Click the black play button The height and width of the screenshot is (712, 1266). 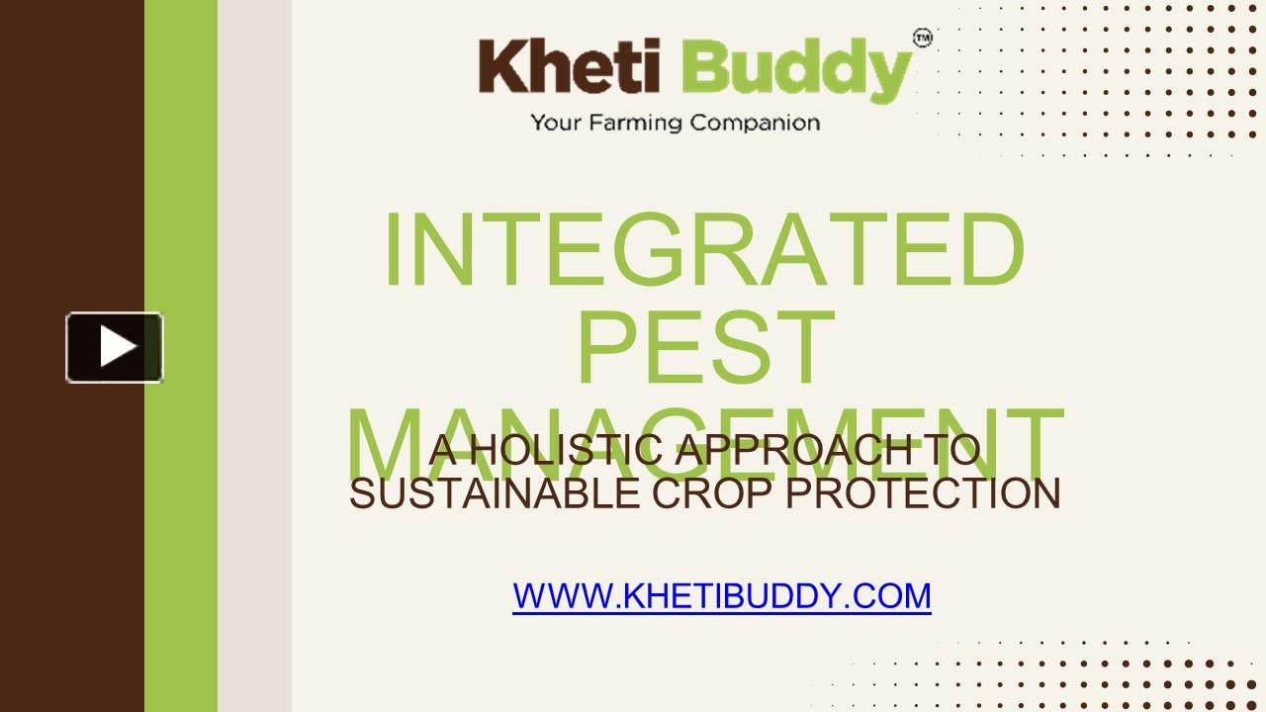pos(114,347)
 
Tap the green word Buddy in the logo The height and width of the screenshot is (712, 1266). pos(795,69)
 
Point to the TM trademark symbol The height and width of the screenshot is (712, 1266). pos(922,39)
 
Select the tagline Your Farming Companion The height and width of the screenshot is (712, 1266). pos(675,124)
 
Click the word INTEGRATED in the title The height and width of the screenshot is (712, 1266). pos(703,251)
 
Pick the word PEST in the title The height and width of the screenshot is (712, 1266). pos(704,348)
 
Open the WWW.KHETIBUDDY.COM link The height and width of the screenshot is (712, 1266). pos(721,596)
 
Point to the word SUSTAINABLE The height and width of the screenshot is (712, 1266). pos(495,493)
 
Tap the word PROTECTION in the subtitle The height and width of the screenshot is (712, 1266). pos(923,493)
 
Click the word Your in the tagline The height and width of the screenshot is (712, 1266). pos(553,124)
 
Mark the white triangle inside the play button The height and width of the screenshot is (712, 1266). pos(118,347)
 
